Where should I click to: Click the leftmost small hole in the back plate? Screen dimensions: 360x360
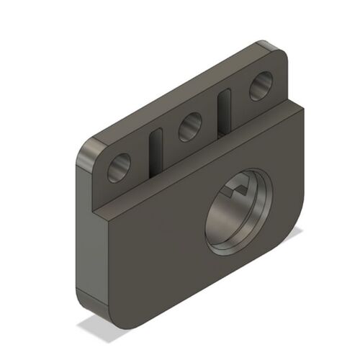pyautogui.click(x=120, y=168)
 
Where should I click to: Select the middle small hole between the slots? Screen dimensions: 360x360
pyautogui.click(x=190, y=127)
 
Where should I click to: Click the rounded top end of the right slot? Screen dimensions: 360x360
pyautogui.click(x=225, y=94)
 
